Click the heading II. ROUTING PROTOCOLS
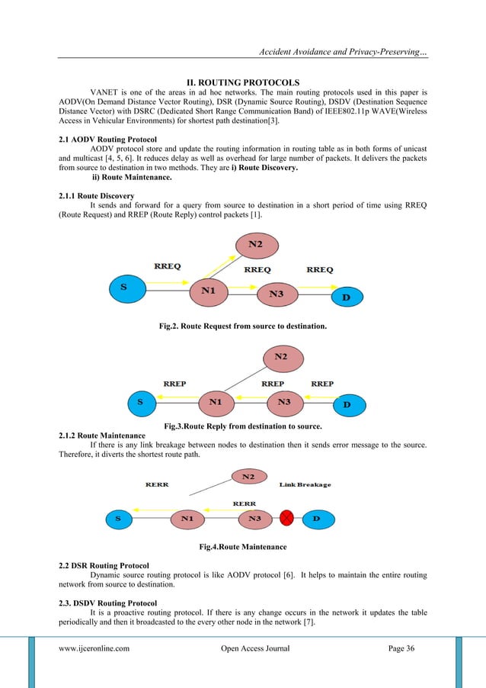pyautogui.click(x=243, y=82)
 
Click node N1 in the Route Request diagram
pyautogui.click(x=209, y=291)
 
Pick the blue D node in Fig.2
pyautogui.click(x=346, y=296)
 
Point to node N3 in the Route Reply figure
pyautogui.click(x=284, y=401)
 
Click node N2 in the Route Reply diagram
pyautogui.click(x=281, y=357)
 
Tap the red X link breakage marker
pyautogui.click(x=287, y=519)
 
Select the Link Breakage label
pyautogui.click(x=305, y=485)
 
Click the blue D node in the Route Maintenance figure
pyautogui.click(x=318, y=519)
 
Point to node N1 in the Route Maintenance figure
pyautogui.click(x=187, y=519)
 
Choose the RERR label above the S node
pyautogui.click(x=157, y=484)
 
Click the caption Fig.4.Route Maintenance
pyautogui.click(x=243, y=547)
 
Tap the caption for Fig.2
pyautogui.click(x=242, y=326)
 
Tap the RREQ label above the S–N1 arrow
pyautogui.click(x=167, y=267)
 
